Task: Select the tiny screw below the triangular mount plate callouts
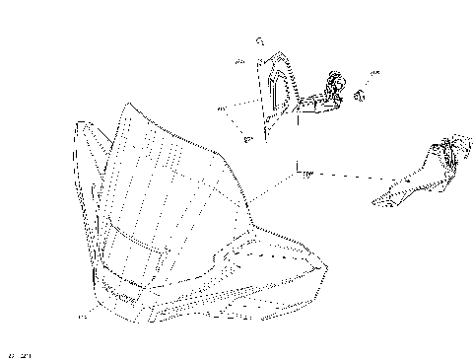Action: click(246, 140)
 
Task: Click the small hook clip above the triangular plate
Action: click(258, 41)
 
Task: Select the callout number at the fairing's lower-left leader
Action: click(83, 318)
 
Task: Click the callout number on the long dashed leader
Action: click(306, 174)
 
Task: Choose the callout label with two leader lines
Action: click(221, 108)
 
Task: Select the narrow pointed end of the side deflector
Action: click(377, 202)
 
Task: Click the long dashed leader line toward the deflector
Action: click(345, 177)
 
